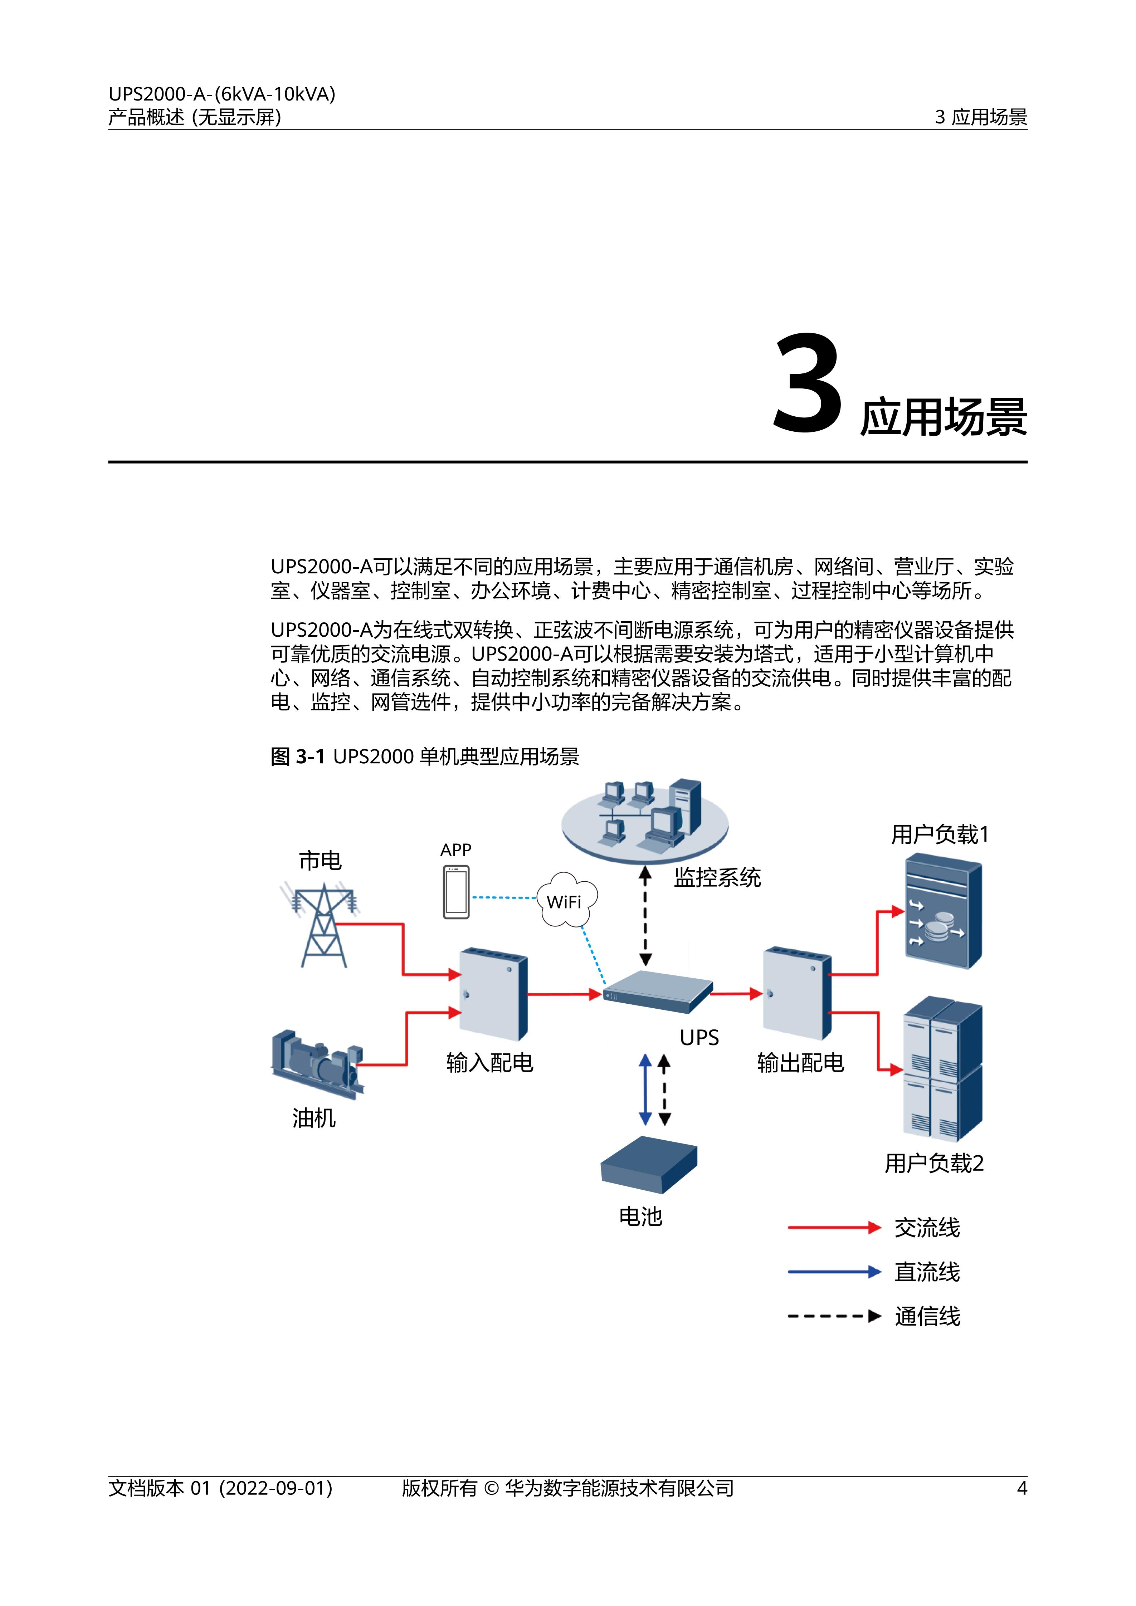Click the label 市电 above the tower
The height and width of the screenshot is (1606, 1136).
point(320,860)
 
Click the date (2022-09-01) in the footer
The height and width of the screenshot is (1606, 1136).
point(276,1488)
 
